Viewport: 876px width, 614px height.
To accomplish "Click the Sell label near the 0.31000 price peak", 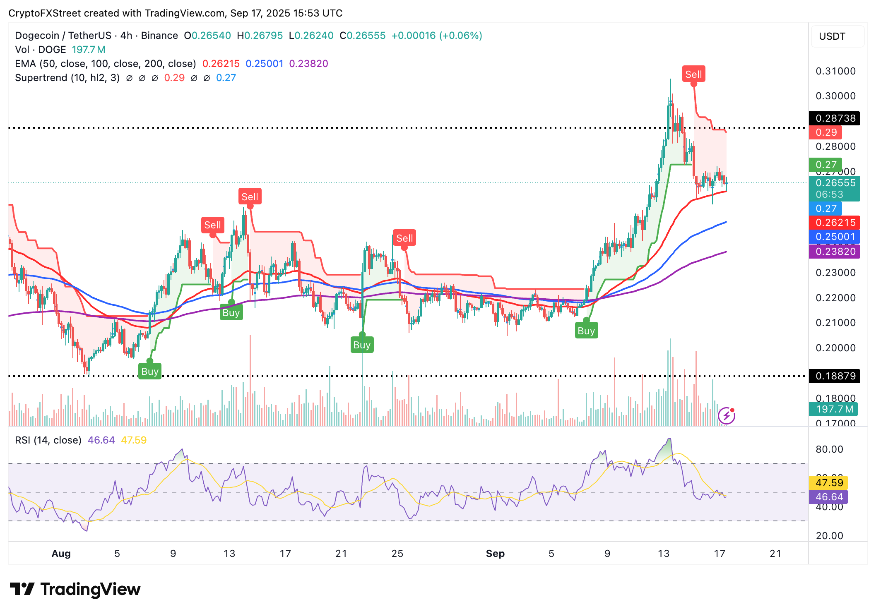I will pyautogui.click(x=693, y=74).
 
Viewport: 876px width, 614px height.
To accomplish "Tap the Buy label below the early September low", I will pyautogui.click(x=586, y=331).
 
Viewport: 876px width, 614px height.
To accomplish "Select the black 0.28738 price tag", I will pyautogui.click(x=835, y=118).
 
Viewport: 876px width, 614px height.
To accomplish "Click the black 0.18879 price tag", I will pyautogui.click(x=835, y=376).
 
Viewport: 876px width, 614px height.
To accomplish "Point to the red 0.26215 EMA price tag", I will pyautogui.click(x=835, y=223).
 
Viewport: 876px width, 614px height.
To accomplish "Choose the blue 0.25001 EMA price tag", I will pyautogui.click(x=835, y=237).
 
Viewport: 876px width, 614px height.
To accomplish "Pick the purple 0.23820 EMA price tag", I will pyautogui.click(x=835, y=252).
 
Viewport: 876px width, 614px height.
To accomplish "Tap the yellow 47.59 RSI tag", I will pyautogui.click(x=829, y=482).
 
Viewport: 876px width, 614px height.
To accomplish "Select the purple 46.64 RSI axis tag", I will pyautogui.click(x=829, y=497).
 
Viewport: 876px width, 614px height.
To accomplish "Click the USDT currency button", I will pyautogui.click(x=832, y=36).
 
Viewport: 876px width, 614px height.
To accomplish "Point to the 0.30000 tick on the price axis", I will pyautogui.click(x=835, y=96).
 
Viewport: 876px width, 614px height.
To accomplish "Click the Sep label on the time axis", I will pyautogui.click(x=495, y=554).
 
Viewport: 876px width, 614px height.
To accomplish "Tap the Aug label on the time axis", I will pyautogui.click(x=61, y=554).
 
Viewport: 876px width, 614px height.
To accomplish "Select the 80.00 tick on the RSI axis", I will pyautogui.click(x=829, y=449).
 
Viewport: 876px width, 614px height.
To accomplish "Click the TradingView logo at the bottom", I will pyautogui.click(x=75, y=589).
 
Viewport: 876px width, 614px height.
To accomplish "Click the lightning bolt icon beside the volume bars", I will pyautogui.click(x=727, y=416).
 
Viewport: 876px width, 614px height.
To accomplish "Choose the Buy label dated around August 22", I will pyautogui.click(x=362, y=345).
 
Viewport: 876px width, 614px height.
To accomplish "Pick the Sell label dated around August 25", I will pyautogui.click(x=404, y=238).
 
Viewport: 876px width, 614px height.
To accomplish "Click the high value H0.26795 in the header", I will pyautogui.click(x=260, y=36).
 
